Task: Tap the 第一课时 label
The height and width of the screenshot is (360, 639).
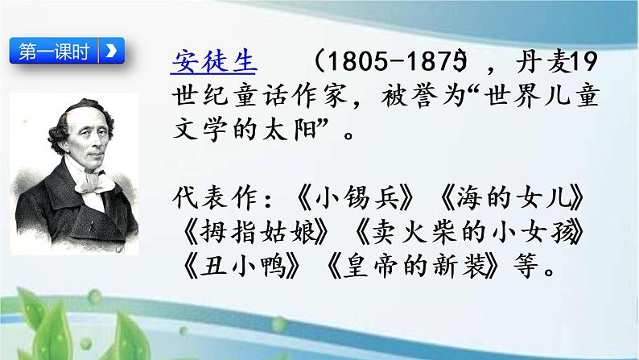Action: [x=52, y=51]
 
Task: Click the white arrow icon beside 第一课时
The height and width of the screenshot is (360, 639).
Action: [x=110, y=51]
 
